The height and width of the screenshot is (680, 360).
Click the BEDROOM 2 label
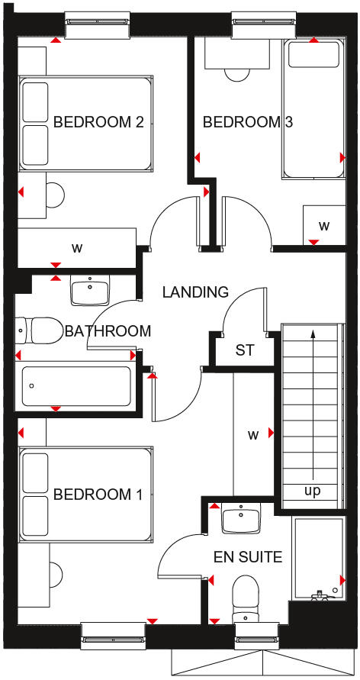click(98, 122)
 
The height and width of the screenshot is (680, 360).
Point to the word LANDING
click(194, 292)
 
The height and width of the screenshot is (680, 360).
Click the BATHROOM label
click(108, 331)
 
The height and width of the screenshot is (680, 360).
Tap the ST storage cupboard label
click(244, 351)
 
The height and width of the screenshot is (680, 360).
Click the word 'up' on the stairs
click(313, 491)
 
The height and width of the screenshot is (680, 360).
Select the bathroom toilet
click(41, 330)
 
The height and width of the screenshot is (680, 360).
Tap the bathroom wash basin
click(90, 291)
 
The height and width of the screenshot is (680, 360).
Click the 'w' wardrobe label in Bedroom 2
click(76, 247)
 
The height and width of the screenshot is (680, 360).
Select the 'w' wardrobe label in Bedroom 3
click(324, 226)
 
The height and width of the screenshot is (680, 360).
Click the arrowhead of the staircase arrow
click(312, 333)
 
